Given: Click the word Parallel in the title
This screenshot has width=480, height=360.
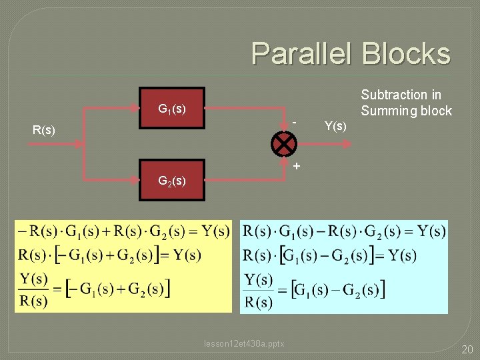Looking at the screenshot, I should [303, 54].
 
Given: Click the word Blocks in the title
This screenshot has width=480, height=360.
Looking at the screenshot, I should [406, 54].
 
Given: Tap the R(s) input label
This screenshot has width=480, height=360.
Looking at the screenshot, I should [44, 130].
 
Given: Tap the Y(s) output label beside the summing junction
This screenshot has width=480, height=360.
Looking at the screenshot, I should [335, 125].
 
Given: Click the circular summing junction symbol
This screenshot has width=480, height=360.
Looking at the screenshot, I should [284, 143].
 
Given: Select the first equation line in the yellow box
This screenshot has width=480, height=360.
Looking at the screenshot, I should [124, 231].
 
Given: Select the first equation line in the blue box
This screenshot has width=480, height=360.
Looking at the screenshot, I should [344, 231].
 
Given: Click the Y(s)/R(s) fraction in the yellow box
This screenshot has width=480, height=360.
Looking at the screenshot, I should [33, 289].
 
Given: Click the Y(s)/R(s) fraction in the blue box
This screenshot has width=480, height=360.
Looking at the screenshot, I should [258, 291].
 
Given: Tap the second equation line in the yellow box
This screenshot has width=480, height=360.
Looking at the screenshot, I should [110, 255].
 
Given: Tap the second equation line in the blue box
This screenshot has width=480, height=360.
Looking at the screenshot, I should [330, 255].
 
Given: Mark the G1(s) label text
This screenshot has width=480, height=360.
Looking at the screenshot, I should [171, 108].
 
